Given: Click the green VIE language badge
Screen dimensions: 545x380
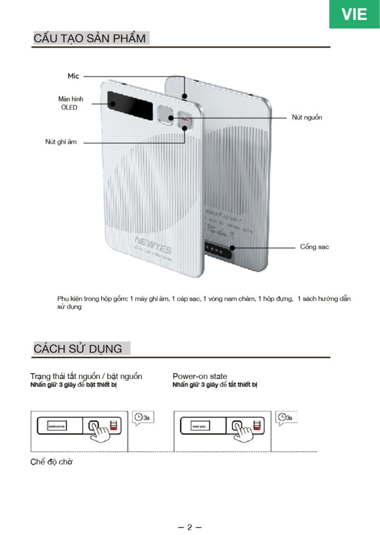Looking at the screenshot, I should (354, 14).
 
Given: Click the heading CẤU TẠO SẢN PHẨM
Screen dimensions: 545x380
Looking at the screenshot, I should (90, 38).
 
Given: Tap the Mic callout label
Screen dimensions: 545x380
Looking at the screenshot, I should (73, 76).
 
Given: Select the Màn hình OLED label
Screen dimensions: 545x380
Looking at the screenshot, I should (68, 103).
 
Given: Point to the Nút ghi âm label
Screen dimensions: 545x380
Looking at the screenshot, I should (61, 142).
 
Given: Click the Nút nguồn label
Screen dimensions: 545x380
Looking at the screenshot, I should (307, 117).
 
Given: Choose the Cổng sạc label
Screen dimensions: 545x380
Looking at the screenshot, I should (314, 247).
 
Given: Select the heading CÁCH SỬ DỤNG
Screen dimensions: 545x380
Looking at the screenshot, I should (78, 349).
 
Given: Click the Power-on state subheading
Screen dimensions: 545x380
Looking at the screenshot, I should (200, 376).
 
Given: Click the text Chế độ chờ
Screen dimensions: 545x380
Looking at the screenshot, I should (51, 461).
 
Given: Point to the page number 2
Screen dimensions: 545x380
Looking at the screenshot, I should (189, 527).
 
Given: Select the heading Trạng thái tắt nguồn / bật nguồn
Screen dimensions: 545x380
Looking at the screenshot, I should (86, 376).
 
